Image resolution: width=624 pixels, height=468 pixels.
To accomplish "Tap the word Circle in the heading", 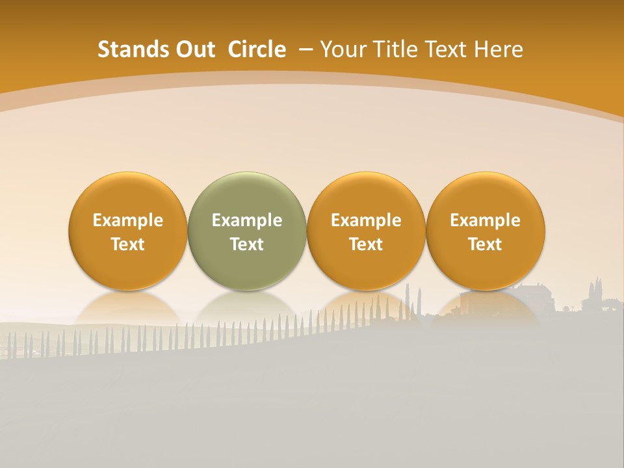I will tap(257, 49).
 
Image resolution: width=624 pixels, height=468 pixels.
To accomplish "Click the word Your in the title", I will tap(341, 49).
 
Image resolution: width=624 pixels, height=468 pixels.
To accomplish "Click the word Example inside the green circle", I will tap(247, 220).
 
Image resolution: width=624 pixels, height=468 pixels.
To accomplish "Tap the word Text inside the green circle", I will tap(247, 244).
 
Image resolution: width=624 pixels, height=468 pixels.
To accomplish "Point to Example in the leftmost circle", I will tap(127, 220).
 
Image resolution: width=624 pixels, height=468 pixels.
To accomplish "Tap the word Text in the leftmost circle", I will tap(127, 244).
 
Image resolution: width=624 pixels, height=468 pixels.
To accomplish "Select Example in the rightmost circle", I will tap(486, 220).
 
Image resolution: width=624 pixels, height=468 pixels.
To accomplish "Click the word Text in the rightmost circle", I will tap(486, 244).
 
